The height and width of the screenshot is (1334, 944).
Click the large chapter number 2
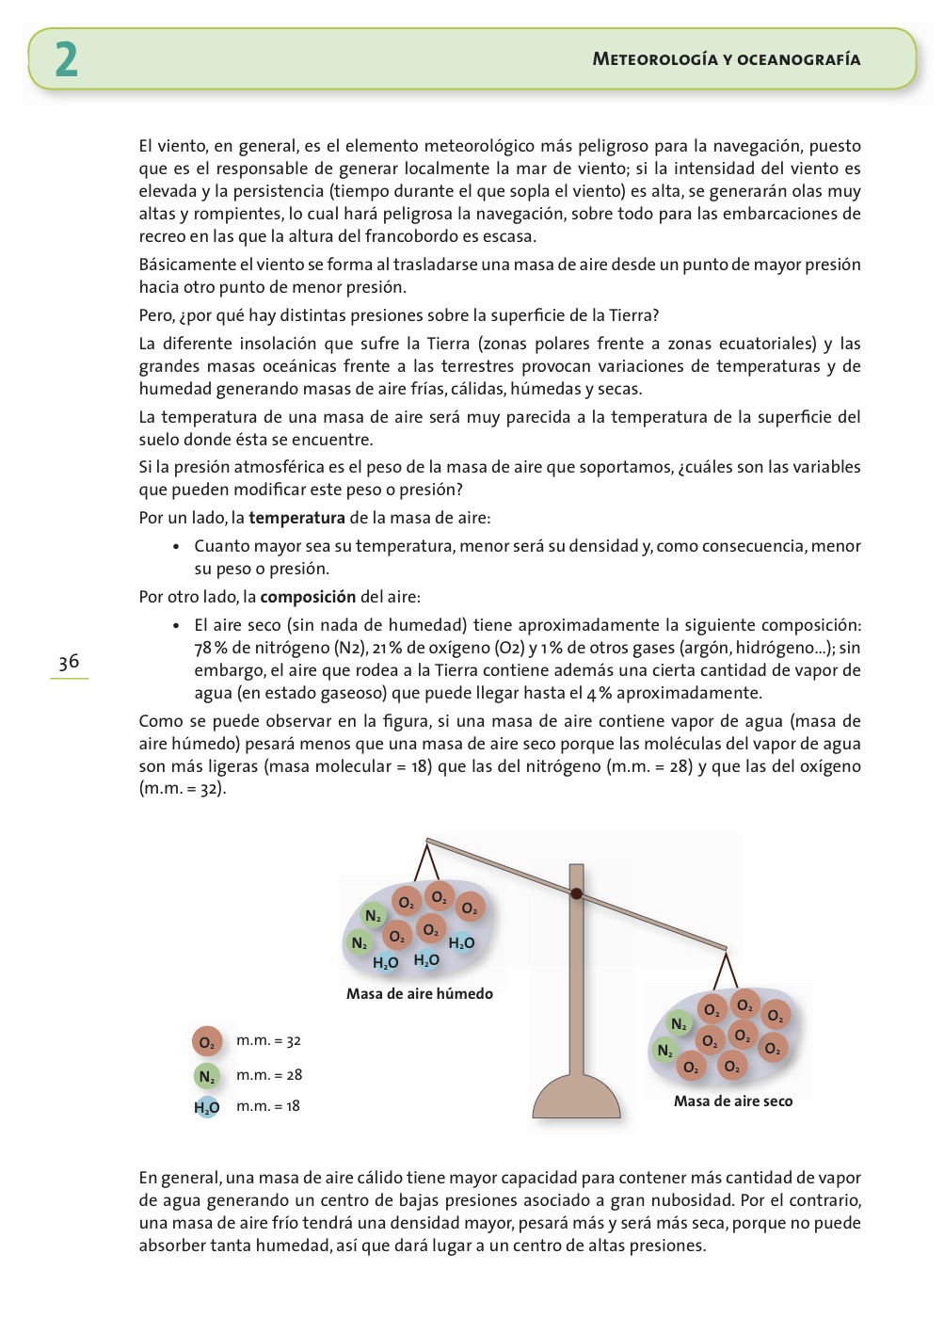[x=66, y=59]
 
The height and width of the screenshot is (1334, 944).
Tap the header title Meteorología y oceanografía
[x=726, y=59]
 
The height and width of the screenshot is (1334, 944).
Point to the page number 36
[x=69, y=662]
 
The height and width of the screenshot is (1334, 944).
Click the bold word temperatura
[x=296, y=518]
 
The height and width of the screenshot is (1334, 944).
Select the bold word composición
[x=308, y=597]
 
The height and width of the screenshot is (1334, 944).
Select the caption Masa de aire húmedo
[x=419, y=993]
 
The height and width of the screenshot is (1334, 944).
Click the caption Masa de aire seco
[x=732, y=1101]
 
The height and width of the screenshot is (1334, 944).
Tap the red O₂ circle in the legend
[x=207, y=1042]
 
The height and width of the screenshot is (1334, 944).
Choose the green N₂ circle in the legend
[x=207, y=1076]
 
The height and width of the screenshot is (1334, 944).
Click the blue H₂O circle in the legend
[x=207, y=1107]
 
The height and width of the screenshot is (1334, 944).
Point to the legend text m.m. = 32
[x=268, y=1040]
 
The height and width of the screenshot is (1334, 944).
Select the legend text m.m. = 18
[x=268, y=1106]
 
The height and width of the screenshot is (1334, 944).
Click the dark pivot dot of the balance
[x=576, y=893]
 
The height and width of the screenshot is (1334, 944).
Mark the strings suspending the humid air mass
[x=427, y=861]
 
